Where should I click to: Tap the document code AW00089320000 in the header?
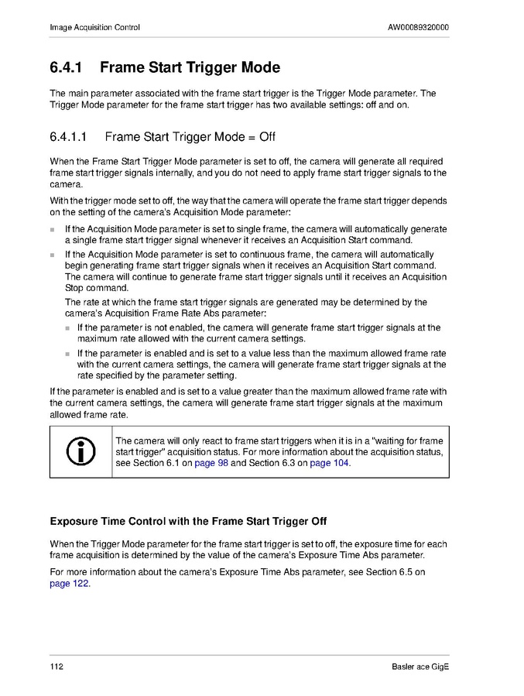418,28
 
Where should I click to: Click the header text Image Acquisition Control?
94,28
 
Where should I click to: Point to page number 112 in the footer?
57,667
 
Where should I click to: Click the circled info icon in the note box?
81,451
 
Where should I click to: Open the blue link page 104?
329,463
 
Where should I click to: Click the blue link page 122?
70,584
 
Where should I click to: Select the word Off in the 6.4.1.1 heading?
267,137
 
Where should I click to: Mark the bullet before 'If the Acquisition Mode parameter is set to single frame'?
53,230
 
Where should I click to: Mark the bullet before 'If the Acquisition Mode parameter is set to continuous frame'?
53,255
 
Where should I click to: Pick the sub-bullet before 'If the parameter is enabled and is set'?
67,353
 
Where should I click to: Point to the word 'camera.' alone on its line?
65,185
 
